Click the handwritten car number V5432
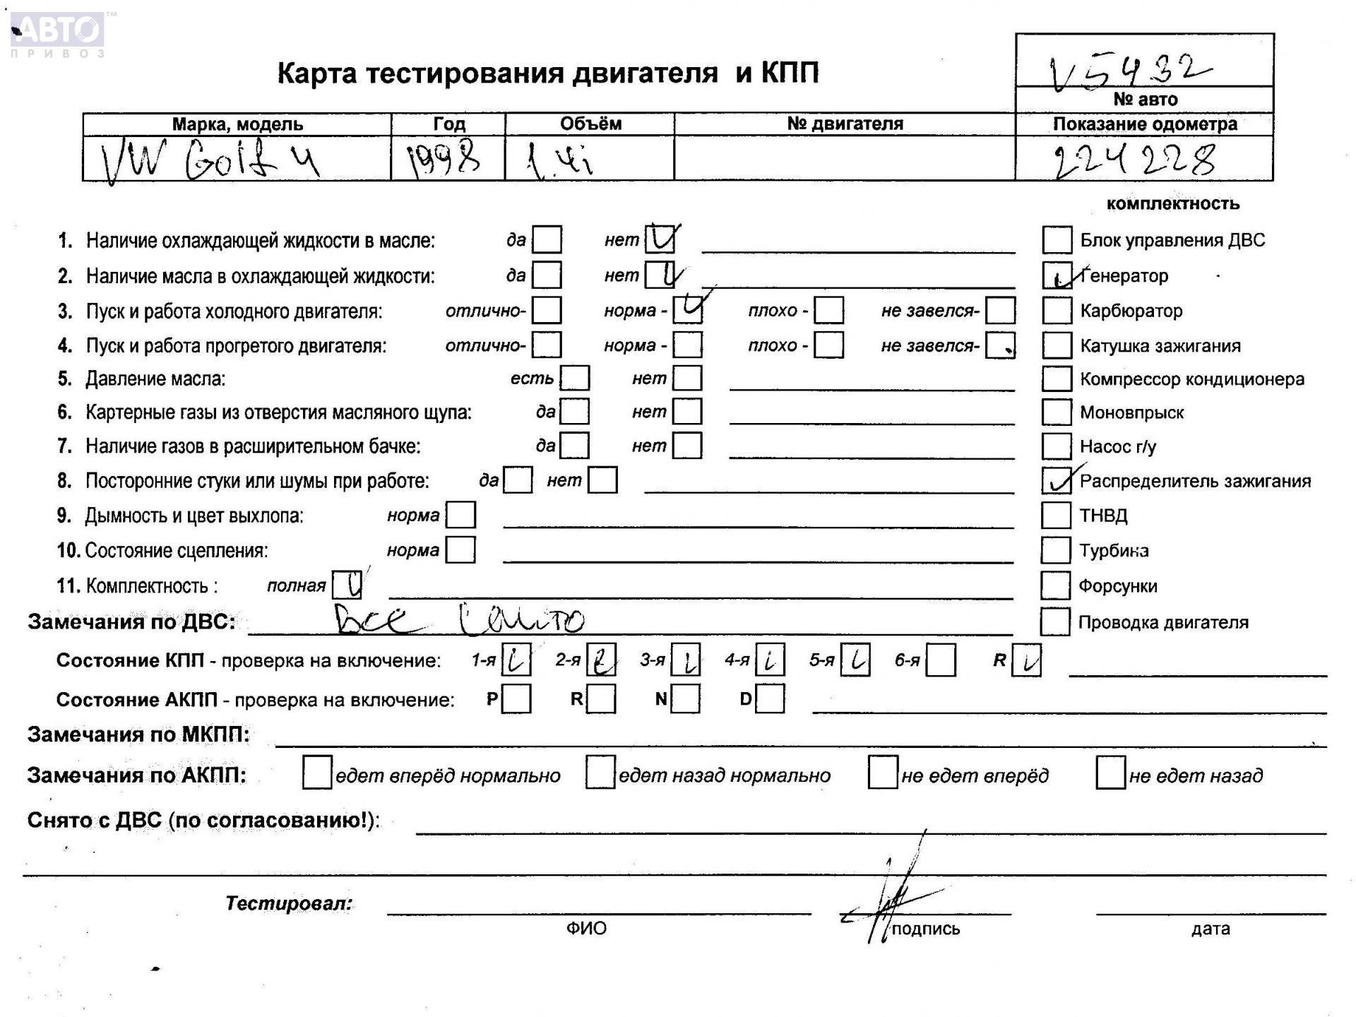tap(1130, 71)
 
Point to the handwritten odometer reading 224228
tap(1134, 160)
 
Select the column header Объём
tap(590, 124)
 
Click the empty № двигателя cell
tap(844, 158)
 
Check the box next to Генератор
tap(1057, 275)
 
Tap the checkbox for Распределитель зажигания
tap(1057, 481)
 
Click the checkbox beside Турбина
tap(1055, 550)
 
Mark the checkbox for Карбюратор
tap(1057, 310)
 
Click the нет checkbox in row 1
tap(660, 239)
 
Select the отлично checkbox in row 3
tap(547, 310)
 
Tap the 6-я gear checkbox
tap(941, 660)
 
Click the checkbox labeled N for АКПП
tap(686, 699)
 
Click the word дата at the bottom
tap(1210, 929)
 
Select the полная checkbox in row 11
tap(347, 585)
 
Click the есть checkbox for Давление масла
tap(575, 379)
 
